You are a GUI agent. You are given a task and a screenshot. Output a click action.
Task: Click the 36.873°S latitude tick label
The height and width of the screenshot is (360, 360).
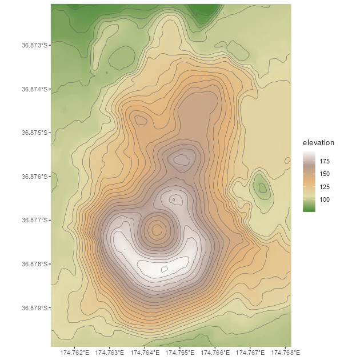point(34,45)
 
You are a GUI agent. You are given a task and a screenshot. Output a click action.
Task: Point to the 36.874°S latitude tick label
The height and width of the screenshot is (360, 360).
point(34,89)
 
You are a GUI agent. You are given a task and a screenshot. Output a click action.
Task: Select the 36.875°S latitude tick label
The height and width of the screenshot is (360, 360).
point(34,132)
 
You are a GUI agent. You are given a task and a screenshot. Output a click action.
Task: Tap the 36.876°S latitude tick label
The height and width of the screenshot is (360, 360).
point(34,176)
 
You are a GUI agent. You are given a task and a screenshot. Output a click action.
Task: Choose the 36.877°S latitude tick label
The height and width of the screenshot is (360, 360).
point(34,220)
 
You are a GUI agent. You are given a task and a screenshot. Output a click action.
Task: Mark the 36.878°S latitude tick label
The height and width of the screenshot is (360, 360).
point(34,264)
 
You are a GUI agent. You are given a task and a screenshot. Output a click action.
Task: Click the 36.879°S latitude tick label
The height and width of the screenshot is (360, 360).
point(34,308)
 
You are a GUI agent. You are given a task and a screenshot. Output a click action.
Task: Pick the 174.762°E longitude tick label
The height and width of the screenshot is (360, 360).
point(74,352)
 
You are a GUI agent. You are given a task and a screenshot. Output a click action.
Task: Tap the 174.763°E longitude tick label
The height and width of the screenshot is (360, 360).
point(110,352)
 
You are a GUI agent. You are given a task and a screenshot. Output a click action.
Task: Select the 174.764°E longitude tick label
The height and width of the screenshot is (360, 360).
point(145,352)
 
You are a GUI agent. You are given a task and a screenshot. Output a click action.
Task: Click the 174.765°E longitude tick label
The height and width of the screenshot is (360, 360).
point(180,352)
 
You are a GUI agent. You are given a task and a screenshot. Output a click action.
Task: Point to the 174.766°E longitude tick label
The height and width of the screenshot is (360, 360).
point(215,352)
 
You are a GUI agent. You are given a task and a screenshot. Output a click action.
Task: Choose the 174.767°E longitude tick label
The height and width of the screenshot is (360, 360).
point(250,352)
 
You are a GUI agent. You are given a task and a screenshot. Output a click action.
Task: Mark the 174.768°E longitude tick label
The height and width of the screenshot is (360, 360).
point(285,352)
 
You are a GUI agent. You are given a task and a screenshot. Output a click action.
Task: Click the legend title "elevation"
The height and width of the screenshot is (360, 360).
point(318,142)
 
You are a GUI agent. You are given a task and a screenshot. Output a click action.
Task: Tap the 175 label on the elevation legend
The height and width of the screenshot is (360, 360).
point(325,161)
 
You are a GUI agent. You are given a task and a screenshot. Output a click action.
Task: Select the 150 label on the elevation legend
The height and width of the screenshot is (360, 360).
point(325,174)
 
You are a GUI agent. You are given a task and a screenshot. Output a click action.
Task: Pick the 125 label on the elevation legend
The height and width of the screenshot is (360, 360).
point(325,187)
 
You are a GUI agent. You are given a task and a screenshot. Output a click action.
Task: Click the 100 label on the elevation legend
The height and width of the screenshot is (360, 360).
point(325,199)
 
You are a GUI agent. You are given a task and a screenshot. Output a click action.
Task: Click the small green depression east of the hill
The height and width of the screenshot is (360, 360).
point(262,187)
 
